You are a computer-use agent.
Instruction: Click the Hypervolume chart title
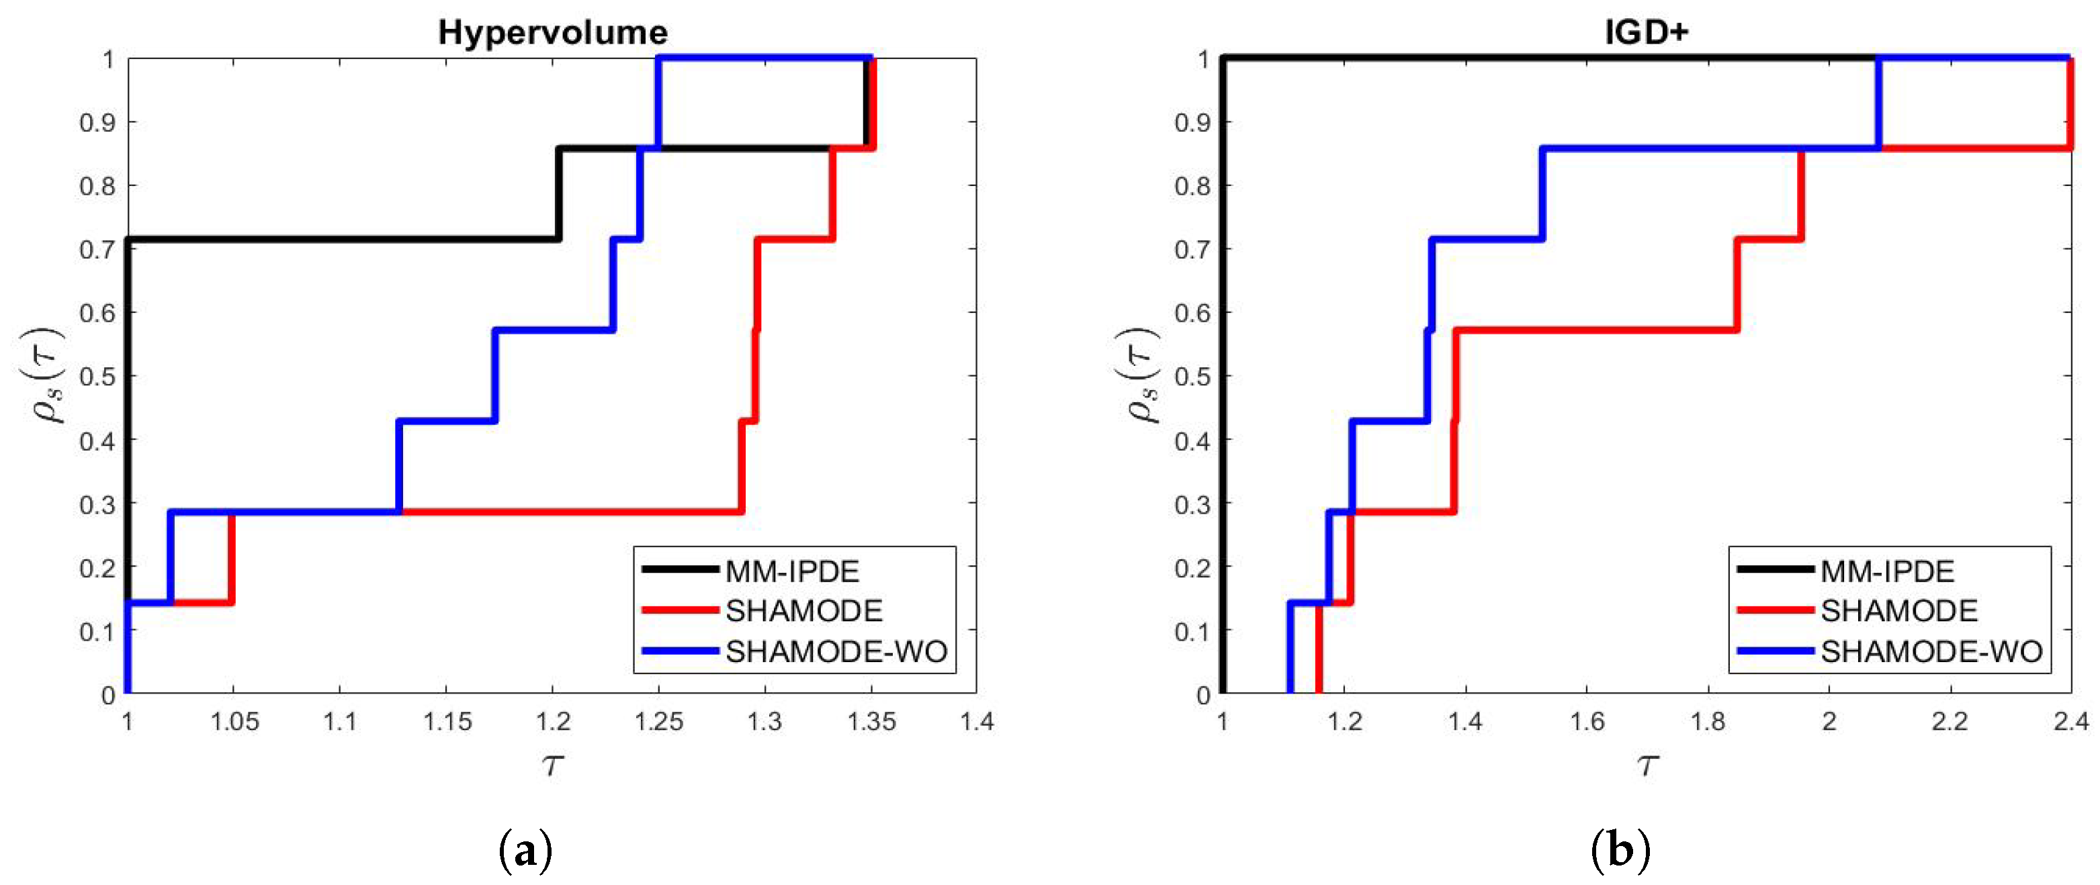coord(553,33)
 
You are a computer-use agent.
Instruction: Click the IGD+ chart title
coord(1646,33)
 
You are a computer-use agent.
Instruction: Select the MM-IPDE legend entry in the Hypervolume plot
coord(791,571)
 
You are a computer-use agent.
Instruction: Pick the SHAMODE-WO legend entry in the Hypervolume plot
coord(836,652)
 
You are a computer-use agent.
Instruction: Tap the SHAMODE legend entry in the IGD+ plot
coord(1898,611)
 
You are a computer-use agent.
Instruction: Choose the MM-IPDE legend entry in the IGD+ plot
coord(1887,571)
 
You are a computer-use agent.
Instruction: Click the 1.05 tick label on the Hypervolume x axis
coord(234,722)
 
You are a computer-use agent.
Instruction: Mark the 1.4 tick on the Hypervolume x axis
coord(976,722)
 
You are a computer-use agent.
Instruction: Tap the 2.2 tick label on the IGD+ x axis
coord(1950,722)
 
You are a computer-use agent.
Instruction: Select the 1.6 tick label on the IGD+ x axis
coord(1586,722)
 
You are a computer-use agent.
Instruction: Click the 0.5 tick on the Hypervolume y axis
coord(96,377)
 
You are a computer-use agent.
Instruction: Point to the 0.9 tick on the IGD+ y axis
coord(1191,123)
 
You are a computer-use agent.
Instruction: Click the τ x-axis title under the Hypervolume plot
coord(553,764)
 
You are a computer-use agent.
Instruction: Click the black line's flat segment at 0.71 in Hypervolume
coord(343,240)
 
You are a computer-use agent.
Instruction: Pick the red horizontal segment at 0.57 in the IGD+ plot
coord(1593,330)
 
